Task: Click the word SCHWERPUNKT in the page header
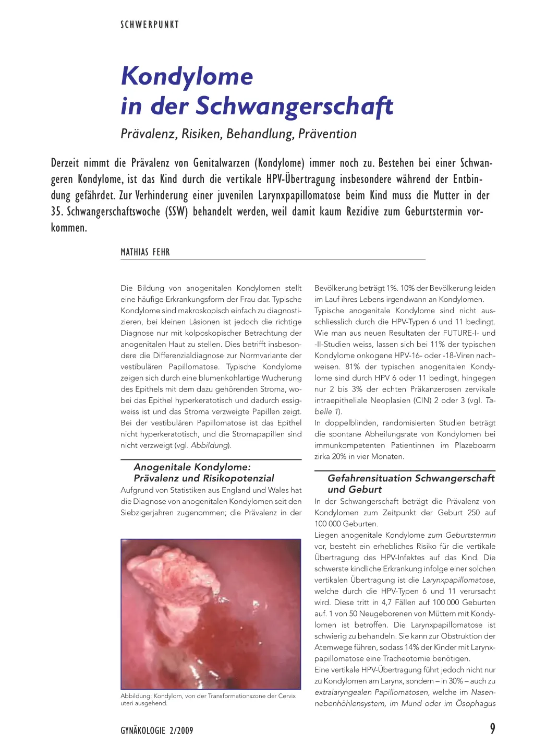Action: click(150, 25)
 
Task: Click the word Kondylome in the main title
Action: click(187, 76)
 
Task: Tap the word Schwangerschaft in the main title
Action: click(294, 106)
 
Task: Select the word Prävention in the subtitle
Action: click(327, 134)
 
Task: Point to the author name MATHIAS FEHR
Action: click(145, 252)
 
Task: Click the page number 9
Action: click(492, 729)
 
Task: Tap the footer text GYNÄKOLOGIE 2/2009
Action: click(157, 730)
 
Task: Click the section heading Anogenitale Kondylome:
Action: click(192, 467)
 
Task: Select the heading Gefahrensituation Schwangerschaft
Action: click(411, 478)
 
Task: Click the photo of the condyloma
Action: click(211, 614)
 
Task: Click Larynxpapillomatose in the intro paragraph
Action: click(299, 195)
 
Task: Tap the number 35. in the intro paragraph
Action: click(57, 211)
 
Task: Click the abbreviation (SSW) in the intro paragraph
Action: click(176, 211)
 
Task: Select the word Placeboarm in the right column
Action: click(475, 445)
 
